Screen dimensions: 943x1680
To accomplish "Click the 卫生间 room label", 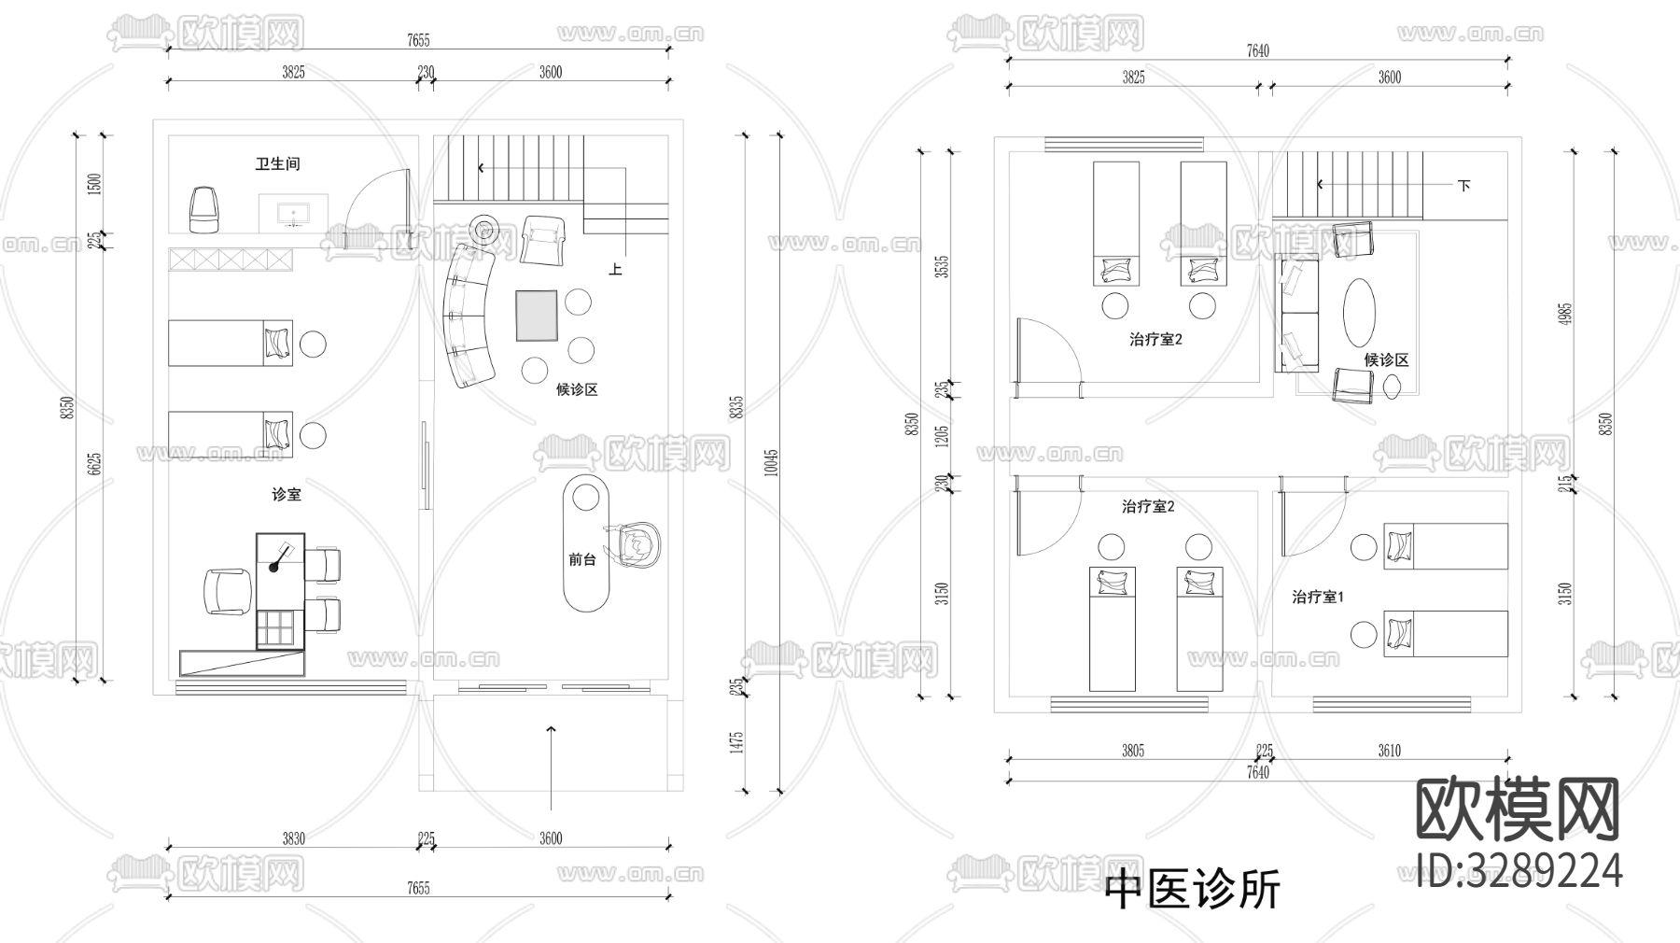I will pyautogui.click(x=277, y=164).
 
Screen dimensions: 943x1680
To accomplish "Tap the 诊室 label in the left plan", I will pyautogui.click(x=287, y=494).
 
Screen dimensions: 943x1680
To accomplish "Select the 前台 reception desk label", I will pyautogui.click(x=581, y=559).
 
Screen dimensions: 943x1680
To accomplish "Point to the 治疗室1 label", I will pyautogui.click(x=1318, y=597).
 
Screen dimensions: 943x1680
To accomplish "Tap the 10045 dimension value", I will pyautogui.click(x=771, y=462).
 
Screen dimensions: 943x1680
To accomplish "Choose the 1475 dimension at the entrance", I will pyautogui.click(x=736, y=743).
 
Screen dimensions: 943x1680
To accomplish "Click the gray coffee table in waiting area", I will pyautogui.click(x=536, y=316).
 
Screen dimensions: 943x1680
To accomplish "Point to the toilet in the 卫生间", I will pyautogui.click(x=204, y=209).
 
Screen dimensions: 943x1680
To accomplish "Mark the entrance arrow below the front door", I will pyautogui.click(x=552, y=766).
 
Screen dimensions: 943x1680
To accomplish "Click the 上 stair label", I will pyautogui.click(x=615, y=270).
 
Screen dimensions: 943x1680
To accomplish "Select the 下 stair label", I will pyautogui.click(x=1463, y=185).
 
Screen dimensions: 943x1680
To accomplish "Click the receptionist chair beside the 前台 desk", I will pyautogui.click(x=635, y=544).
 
